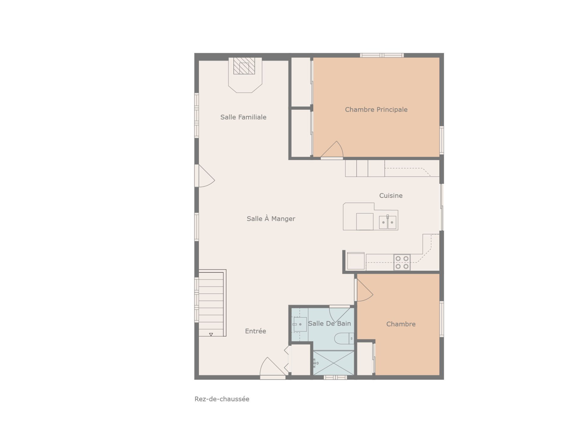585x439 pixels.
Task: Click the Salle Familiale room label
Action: pos(243,117)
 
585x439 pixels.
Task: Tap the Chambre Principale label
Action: pos(376,109)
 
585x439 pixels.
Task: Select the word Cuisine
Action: pos(391,195)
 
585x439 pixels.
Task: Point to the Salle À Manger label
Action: pos(271,218)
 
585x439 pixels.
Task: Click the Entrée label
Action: pos(255,331)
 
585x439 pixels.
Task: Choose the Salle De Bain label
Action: pos(329,323)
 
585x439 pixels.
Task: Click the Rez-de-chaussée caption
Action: pos(222,399)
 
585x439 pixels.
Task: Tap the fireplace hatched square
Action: pos(244,66)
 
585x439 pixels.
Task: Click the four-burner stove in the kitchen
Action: pos(402,262)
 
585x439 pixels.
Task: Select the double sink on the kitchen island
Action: pos(388,222)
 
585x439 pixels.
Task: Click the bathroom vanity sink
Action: pos(300,324)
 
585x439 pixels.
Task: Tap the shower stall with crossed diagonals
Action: pos(334,363)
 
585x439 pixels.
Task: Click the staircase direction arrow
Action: pos(211,334)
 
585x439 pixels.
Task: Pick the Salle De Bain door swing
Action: pos(340,315)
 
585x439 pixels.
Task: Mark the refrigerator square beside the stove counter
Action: pos(356,261)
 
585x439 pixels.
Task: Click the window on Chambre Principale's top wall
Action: pos(382,55)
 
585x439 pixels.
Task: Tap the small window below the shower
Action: pos(335,377)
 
